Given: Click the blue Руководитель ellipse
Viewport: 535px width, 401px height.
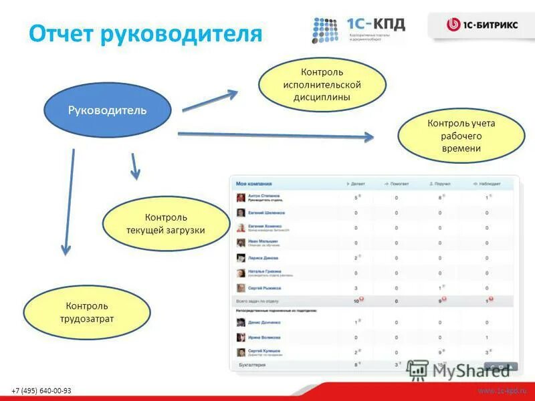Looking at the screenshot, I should [107, 110].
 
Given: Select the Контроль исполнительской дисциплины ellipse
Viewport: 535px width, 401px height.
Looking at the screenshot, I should [322, 84].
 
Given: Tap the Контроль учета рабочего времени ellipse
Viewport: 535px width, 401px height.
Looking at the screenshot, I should [461, 136].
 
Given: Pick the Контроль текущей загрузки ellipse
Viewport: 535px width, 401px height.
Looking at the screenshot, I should [165, 224].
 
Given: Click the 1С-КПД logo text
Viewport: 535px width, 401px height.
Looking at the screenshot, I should [375, 24].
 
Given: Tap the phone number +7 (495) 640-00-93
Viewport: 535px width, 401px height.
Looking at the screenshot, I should [41, 390].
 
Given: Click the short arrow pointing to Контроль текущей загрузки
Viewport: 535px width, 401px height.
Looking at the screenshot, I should [134, 166].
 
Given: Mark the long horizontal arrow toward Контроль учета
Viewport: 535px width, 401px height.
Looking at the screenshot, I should [275, 136].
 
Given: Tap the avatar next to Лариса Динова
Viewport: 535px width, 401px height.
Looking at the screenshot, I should [240, 258].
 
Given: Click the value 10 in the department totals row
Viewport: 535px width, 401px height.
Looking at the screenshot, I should [356, 301].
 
